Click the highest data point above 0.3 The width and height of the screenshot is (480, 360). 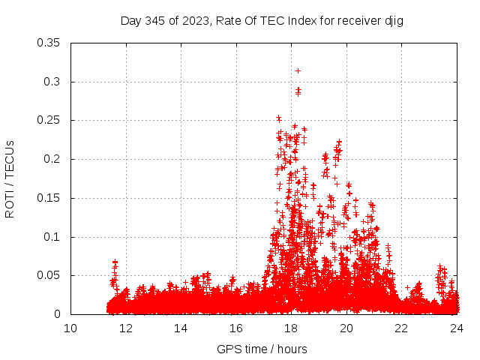tap(298, 70)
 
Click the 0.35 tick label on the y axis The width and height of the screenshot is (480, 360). tap(49, 42)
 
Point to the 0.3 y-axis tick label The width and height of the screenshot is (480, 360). tap(52, 81)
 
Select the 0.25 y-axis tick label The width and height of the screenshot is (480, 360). tap(49, 120)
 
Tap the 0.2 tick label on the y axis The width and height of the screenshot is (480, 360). tap(52, 159)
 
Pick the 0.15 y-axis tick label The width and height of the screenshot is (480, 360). tap(49, 198)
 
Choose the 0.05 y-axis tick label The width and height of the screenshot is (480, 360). tap(49, 275)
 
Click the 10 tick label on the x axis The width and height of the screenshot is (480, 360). tap(70, 328)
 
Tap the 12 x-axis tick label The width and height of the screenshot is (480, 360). tap(126, 328)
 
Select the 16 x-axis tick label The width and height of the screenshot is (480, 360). tap(236, 328)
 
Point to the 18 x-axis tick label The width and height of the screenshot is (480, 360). tap(291, 328)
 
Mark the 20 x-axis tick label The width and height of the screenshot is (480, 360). tap(346, 328)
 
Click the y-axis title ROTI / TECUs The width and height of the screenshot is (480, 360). tap(10, 178)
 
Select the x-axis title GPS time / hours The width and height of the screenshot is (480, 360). tap(262, 349)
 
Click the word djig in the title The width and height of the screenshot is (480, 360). tap(393, 21)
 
